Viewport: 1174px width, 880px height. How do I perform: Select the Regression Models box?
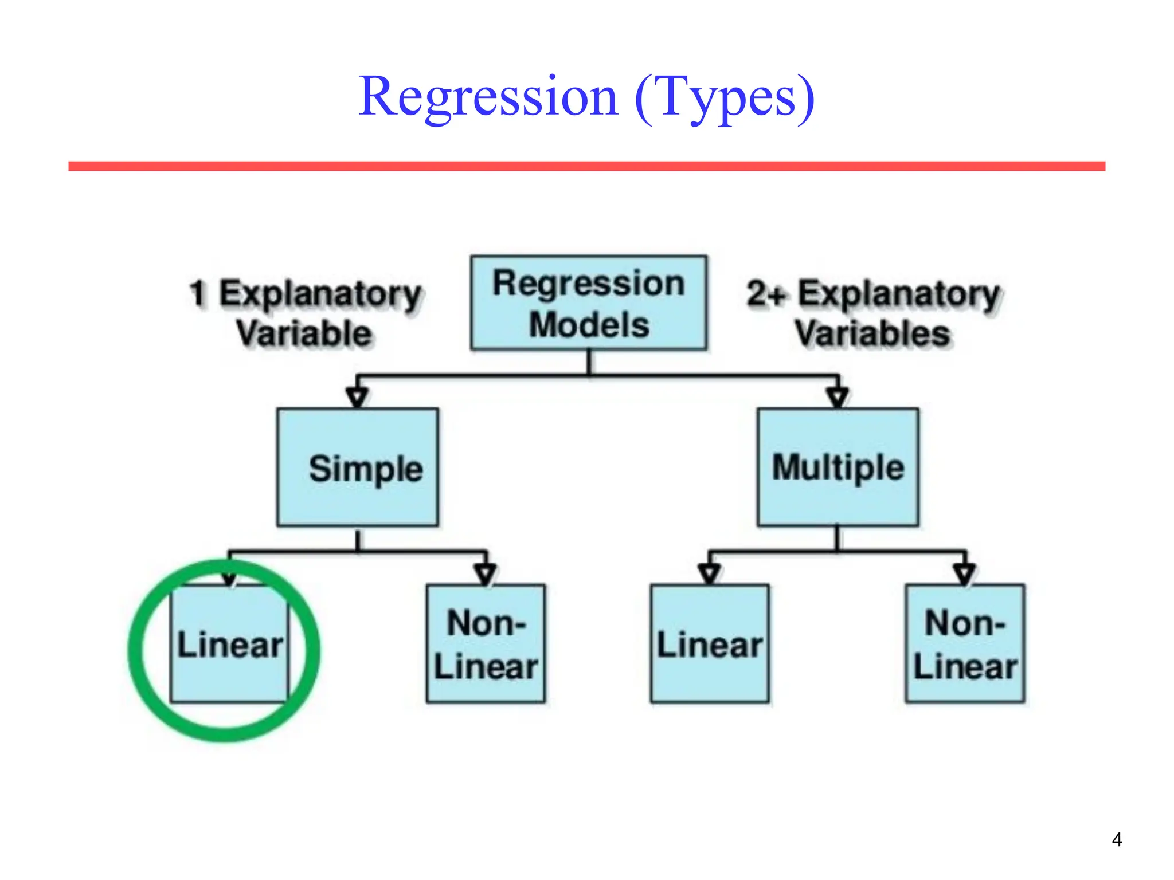(x=589, y=302)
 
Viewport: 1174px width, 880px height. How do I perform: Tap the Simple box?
(x=358, y=467)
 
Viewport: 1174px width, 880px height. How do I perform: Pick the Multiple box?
(x=838, y=467)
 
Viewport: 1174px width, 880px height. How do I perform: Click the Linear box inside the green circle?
(x=229, y=644)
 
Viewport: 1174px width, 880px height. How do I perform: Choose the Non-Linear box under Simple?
(x=486, y=644)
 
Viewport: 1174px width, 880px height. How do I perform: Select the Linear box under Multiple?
(x=710, y=644)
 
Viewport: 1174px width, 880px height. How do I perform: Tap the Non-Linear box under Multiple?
(x=965, y=644)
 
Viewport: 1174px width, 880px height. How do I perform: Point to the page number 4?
(x=1117, y=840)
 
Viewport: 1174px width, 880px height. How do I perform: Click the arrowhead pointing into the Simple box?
(x=357, y=397)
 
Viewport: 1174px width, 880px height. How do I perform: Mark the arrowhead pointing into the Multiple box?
(x=838, y=397)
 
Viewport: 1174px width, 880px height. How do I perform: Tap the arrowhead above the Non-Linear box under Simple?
(x=486, y=573)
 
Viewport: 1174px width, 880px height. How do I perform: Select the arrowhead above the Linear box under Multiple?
(x=710, y=573)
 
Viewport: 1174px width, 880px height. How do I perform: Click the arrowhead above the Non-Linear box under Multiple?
(x=965, y=573)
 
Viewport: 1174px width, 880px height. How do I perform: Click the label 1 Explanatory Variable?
(x=306, y=313)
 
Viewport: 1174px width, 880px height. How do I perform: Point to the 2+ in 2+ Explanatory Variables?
(x=766, y=294)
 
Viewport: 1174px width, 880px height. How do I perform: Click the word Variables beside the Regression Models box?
(x=872, y=334)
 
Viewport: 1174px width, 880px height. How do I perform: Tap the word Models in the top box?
(x=589, y=325)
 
